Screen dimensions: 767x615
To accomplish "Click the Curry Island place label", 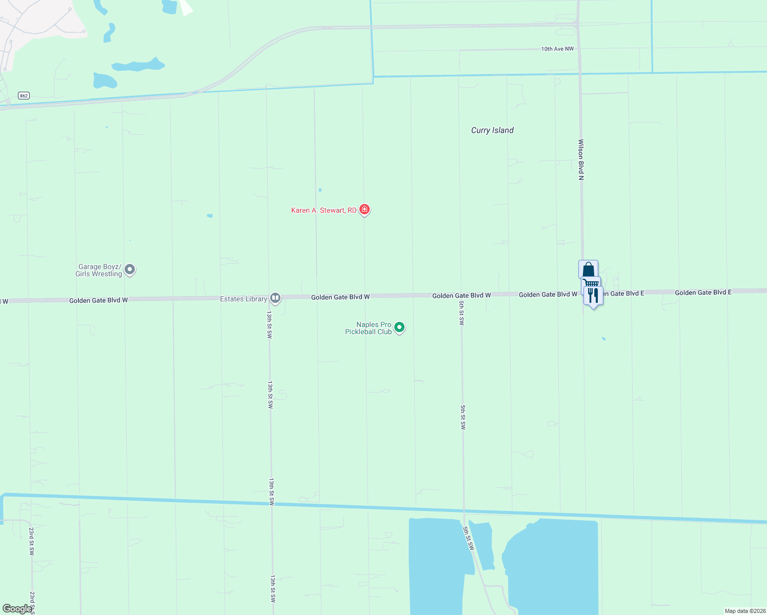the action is [492, 130].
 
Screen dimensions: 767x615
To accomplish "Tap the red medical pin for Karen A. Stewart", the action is [365, 209].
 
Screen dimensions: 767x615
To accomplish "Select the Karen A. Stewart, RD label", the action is [324, 210].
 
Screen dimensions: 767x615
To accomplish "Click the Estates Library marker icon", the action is [275, 298].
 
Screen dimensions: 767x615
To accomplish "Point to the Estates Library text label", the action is [244, 299].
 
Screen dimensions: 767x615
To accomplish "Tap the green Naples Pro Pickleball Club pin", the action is [399, 327].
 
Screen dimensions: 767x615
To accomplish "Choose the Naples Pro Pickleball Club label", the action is [369, 328].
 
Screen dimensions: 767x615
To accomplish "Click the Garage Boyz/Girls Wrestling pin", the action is [130, 269].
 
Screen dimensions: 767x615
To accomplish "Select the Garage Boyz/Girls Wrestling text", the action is [99, 270].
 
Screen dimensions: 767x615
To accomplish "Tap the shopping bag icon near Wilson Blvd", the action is [588, 269].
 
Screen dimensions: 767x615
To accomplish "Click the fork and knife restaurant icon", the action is [593, 296].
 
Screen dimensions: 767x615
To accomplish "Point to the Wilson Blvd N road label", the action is [581, 159].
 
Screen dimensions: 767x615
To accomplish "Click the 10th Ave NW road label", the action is [557, 49].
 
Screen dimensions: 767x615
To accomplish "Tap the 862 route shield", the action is [24, 95].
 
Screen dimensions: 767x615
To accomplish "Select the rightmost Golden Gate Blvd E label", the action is [703, 292].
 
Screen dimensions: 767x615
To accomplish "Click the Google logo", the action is [17, 609].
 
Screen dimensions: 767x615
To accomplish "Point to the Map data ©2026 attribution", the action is [744, 611].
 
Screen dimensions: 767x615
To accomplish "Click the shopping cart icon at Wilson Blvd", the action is [592, 282].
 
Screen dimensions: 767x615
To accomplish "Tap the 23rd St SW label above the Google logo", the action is [31, 541].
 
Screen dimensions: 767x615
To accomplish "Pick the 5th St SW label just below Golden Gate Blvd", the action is [461, 313].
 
